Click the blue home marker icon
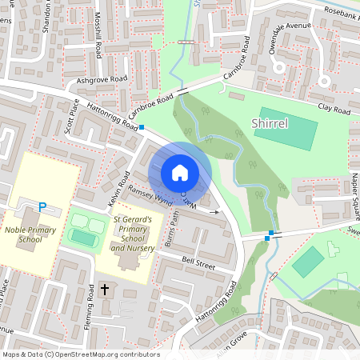pyautogui.click(x=180, y=173)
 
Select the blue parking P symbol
pyautogui.click(x=42, y=207)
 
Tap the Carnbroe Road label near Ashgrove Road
pyautogui.click(x=154, y=104)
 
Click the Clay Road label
pyautogui.click(x=334, y=107)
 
